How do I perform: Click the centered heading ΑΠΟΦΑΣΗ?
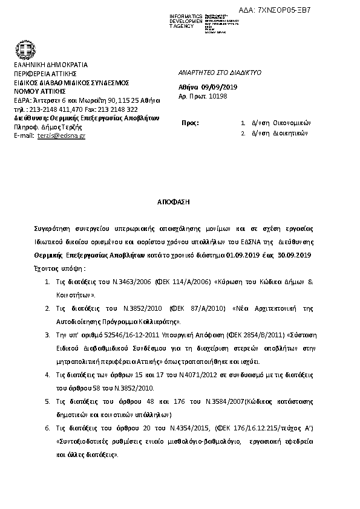174,200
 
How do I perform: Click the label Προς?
190,123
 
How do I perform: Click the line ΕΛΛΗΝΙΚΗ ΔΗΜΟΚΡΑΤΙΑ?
51,65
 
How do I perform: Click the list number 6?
47,429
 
